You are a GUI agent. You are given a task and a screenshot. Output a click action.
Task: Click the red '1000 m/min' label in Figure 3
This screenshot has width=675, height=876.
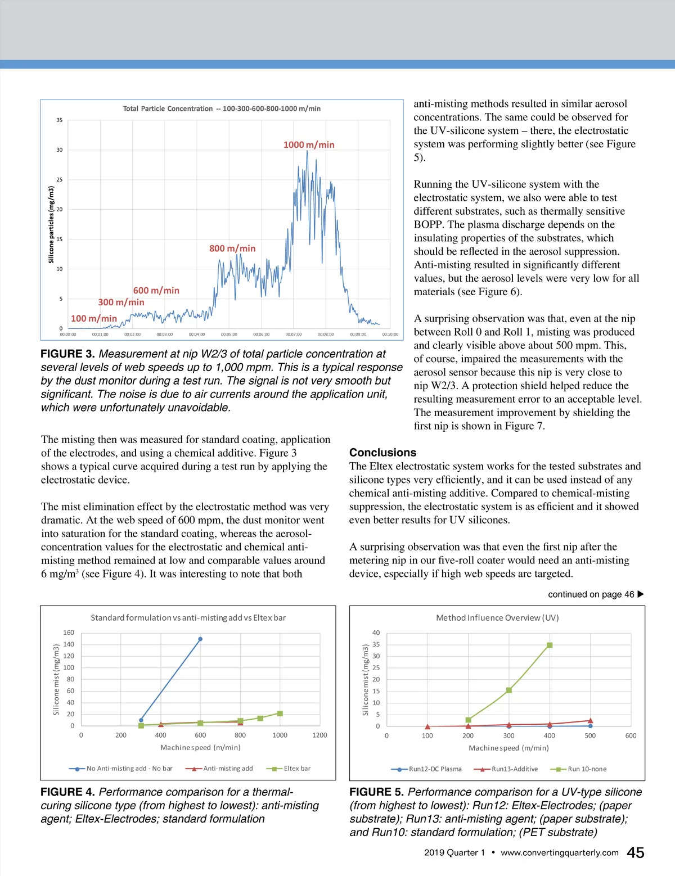pyautogui.click(x=309, y=145)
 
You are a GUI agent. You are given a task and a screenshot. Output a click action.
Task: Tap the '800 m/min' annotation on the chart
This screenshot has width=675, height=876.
pyautogui.click(x=232, y=248)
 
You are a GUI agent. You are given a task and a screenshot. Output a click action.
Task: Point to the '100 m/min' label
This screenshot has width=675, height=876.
pyautogui.click(x=94, y=318)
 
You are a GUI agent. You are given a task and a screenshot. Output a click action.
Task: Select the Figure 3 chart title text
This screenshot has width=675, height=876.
pyautogui.click(x=222, y=109)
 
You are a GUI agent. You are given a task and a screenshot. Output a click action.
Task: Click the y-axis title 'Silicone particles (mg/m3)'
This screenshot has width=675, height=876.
pyautogui.click(x=51, y=224)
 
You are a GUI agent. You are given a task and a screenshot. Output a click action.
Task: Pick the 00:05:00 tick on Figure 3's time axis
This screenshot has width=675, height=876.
pyautogui.click(x=229, y=334)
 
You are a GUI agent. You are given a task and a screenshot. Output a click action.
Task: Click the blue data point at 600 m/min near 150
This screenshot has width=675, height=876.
pyautogui.click(x=200, y=639)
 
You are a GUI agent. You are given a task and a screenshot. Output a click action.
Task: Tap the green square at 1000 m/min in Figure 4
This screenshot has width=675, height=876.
pyautogui.click(x=280, y=714)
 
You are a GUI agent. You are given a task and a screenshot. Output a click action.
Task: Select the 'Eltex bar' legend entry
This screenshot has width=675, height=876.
pyautogui.click(x=296, y=768)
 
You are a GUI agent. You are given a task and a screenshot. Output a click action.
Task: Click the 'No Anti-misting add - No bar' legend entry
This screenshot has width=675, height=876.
pyautogui.click(x=129, y=768)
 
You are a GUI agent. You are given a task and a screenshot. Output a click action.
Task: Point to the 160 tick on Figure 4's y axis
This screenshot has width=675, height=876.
pyautogui.click(x=69, y=633)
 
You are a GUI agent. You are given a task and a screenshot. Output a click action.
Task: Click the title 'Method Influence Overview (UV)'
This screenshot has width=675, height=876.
pyautogui.click(x=497, y=617)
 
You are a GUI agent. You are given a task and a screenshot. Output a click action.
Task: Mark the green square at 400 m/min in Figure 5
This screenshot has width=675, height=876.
pyautogui.click(x=550, y=645)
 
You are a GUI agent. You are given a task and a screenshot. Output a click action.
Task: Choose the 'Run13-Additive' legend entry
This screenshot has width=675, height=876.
pyautogui.click(x=514, y=769)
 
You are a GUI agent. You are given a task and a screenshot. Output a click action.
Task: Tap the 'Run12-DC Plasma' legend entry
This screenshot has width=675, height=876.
pyautogui.click(x=435, y=769)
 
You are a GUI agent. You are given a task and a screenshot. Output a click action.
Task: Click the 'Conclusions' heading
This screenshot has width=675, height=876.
pyautogui.click(x=382, y=453)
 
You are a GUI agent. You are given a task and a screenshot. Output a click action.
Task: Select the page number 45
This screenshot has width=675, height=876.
pyautogui.click(x=635, y=853)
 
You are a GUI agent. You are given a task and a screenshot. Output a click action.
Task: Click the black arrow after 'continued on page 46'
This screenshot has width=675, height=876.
pyautogui.click(x=641, y=594)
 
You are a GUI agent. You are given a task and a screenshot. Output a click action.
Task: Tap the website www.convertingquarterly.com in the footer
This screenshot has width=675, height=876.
pyautogui.click(x=559, y=852)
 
